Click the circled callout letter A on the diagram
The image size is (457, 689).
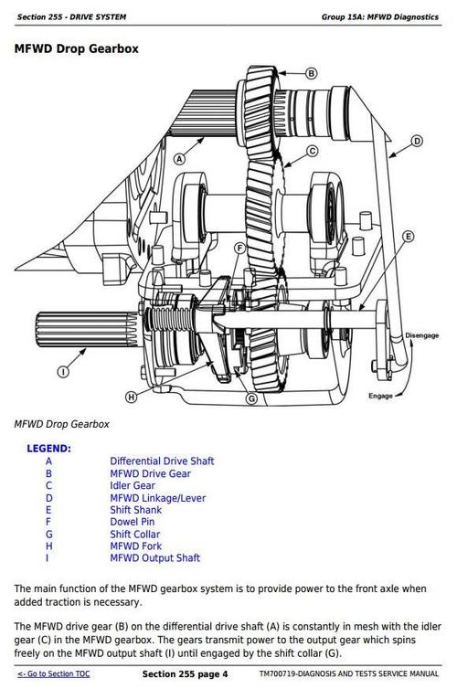pyautogui.click(x=179, y=158)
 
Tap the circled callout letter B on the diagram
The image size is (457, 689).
pyautogui.click(x=311, y=73)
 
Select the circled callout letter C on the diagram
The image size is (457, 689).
pyautogui.click(x=312, y=151)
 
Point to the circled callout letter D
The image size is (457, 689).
pyautogui.click(x=417, y=141)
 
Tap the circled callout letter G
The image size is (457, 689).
pyautogui.click(x=251, y=399)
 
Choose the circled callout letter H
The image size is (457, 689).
pyautogui.click(x=131, y=397)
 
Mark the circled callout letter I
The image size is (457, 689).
pyautogui.click(x=63, y=372)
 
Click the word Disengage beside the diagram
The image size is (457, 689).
pyautogui.click(x=421, y=335)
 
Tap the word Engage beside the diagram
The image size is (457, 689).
pyautogui.click(x=379, y=397)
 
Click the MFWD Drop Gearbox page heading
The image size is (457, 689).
pyautogui.click(x=77, y=48)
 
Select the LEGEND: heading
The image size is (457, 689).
pyautogui.click(x=48, y=449)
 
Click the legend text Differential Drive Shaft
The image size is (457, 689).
pyautogui.click(x=162, y=461)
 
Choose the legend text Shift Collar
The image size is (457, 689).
pyautogui.click(x=135, y=535)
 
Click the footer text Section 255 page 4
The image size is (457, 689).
pyautogui.click(x=185, y=674)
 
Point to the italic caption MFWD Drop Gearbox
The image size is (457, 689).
pyautogui.click(x=61, y=424)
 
